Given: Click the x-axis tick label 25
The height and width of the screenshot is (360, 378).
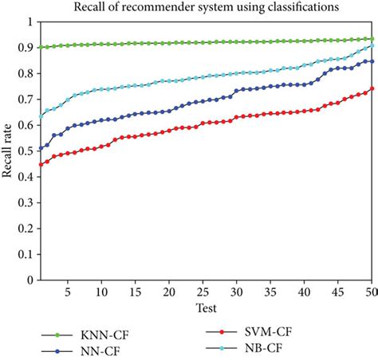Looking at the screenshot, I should (x=203, y=291).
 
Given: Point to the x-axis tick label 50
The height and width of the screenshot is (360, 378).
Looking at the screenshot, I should (x=369, y=291).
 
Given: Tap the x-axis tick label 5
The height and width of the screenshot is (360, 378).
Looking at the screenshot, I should (x=68, y=291).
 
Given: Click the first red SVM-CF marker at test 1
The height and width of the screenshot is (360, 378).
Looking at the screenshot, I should (x=41, y=165).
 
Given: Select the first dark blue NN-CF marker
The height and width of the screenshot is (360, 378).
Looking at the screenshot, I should (x=41, y=148).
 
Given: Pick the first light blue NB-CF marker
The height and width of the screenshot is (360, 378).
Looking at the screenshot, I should (x=41, y=117).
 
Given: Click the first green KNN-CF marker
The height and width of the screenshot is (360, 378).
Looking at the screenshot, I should (x=41, y=47).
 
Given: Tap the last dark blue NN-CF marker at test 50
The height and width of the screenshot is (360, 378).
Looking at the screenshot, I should (x=372, y=61).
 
